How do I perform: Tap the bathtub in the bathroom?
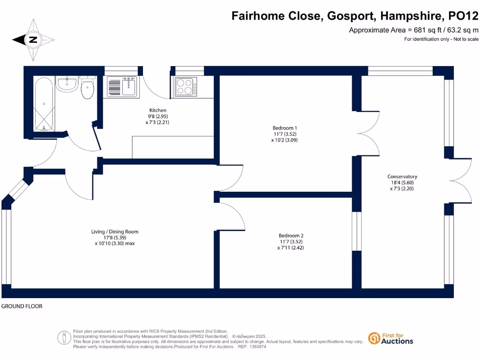[x=44, y=104]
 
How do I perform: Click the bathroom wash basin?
[x=67, y=84]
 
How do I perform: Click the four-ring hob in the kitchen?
[x=186, y=87]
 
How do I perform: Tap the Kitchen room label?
[x=158, y=110]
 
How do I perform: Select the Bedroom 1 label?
[x=285, y=128]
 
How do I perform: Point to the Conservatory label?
[x=402, y=177]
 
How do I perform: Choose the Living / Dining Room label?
[x=115, y=232]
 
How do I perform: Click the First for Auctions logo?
[x=390, y=338]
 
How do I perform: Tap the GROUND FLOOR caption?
[x=22, y=306]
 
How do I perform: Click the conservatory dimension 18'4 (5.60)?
[x=402, y=183]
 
